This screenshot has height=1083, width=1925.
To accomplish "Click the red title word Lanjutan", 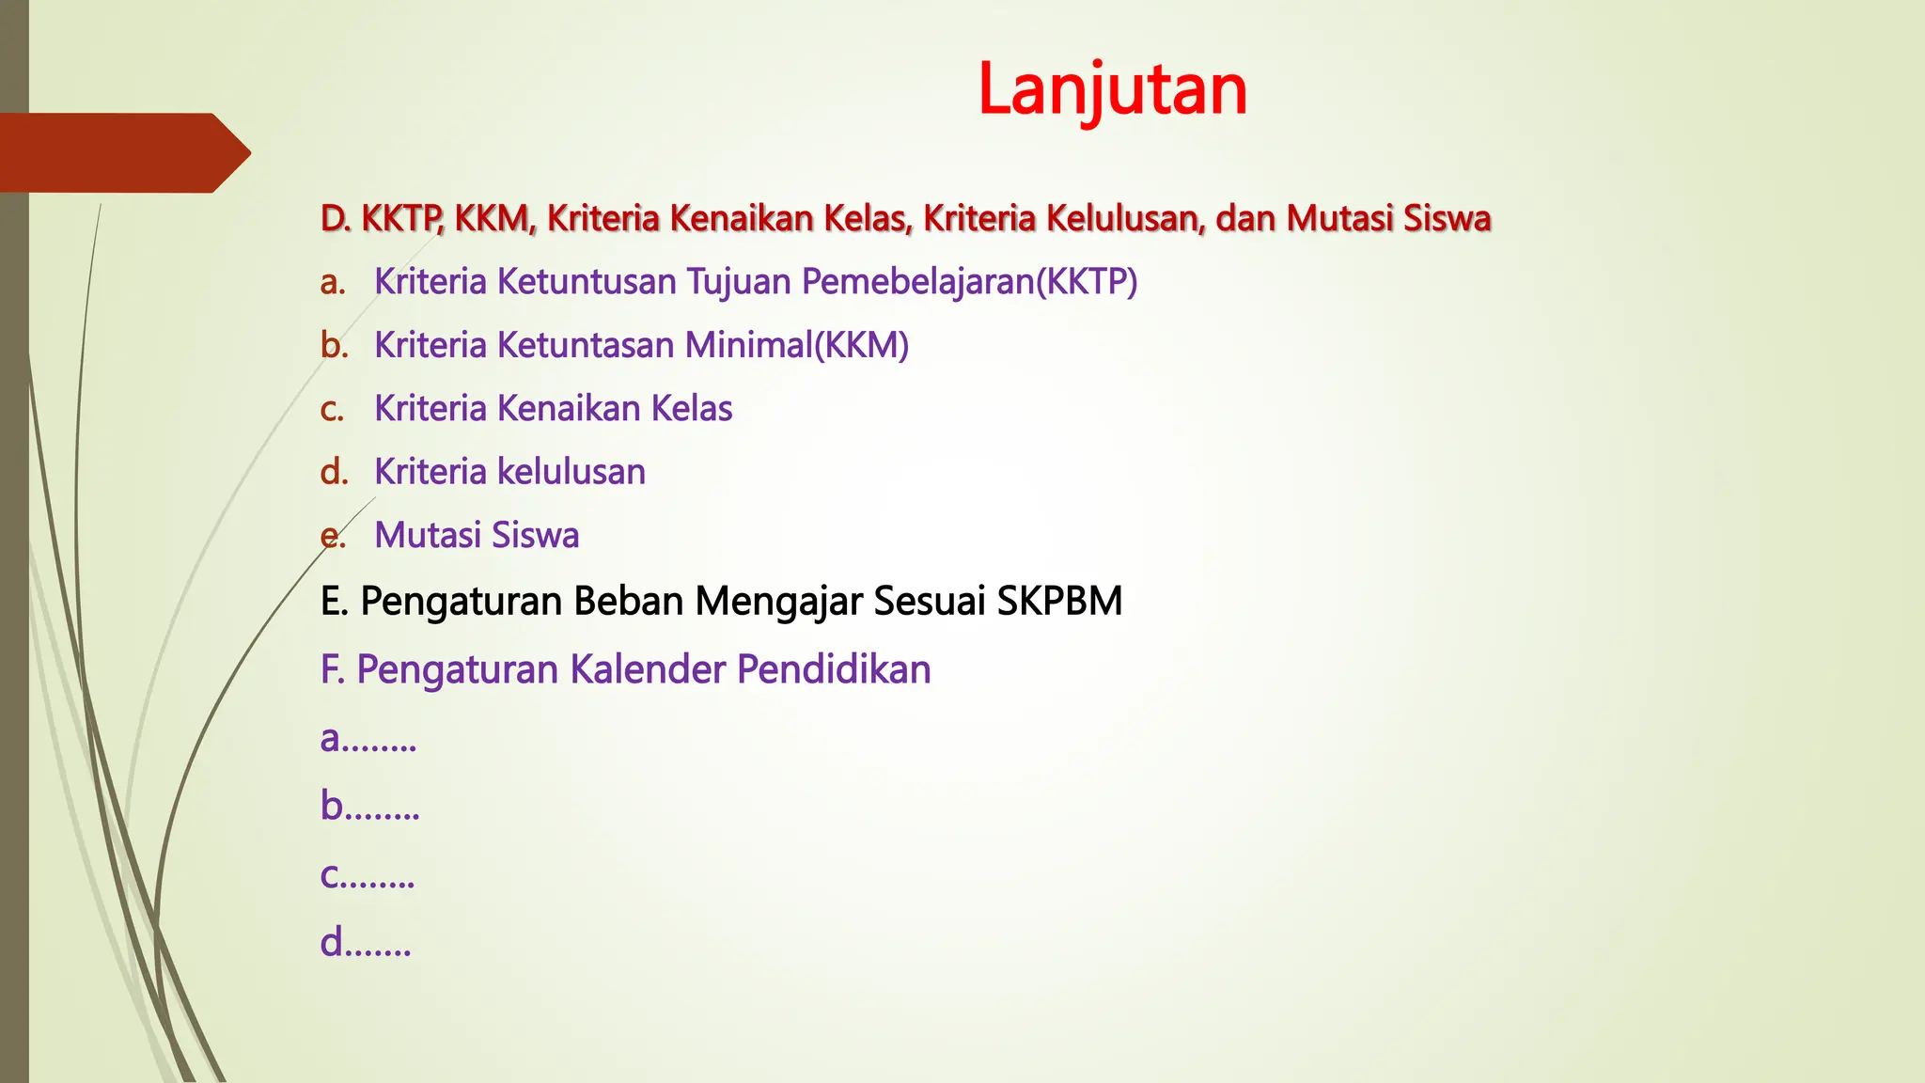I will tap(1112, 90).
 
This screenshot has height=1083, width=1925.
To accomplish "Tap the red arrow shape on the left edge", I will tap(122, 152).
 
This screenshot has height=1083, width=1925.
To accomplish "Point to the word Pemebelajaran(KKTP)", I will tap(969, 282).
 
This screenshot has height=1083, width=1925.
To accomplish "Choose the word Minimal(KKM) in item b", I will tap(796, 345).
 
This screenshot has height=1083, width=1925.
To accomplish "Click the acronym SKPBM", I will tap(1059, 601).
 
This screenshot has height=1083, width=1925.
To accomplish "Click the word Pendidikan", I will tap(834, 669).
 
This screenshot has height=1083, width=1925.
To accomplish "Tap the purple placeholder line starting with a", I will tap(368, 738).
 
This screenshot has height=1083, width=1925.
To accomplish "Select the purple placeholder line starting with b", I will tap(369, 806).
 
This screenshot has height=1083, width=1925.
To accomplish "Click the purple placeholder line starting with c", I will tap(367, 874).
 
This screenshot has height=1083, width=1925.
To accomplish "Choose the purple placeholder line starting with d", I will tap(366, 942).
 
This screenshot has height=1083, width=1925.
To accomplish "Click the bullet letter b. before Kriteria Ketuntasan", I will tap(334, 345).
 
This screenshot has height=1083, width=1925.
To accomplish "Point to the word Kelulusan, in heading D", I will tap(1124, 218).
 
